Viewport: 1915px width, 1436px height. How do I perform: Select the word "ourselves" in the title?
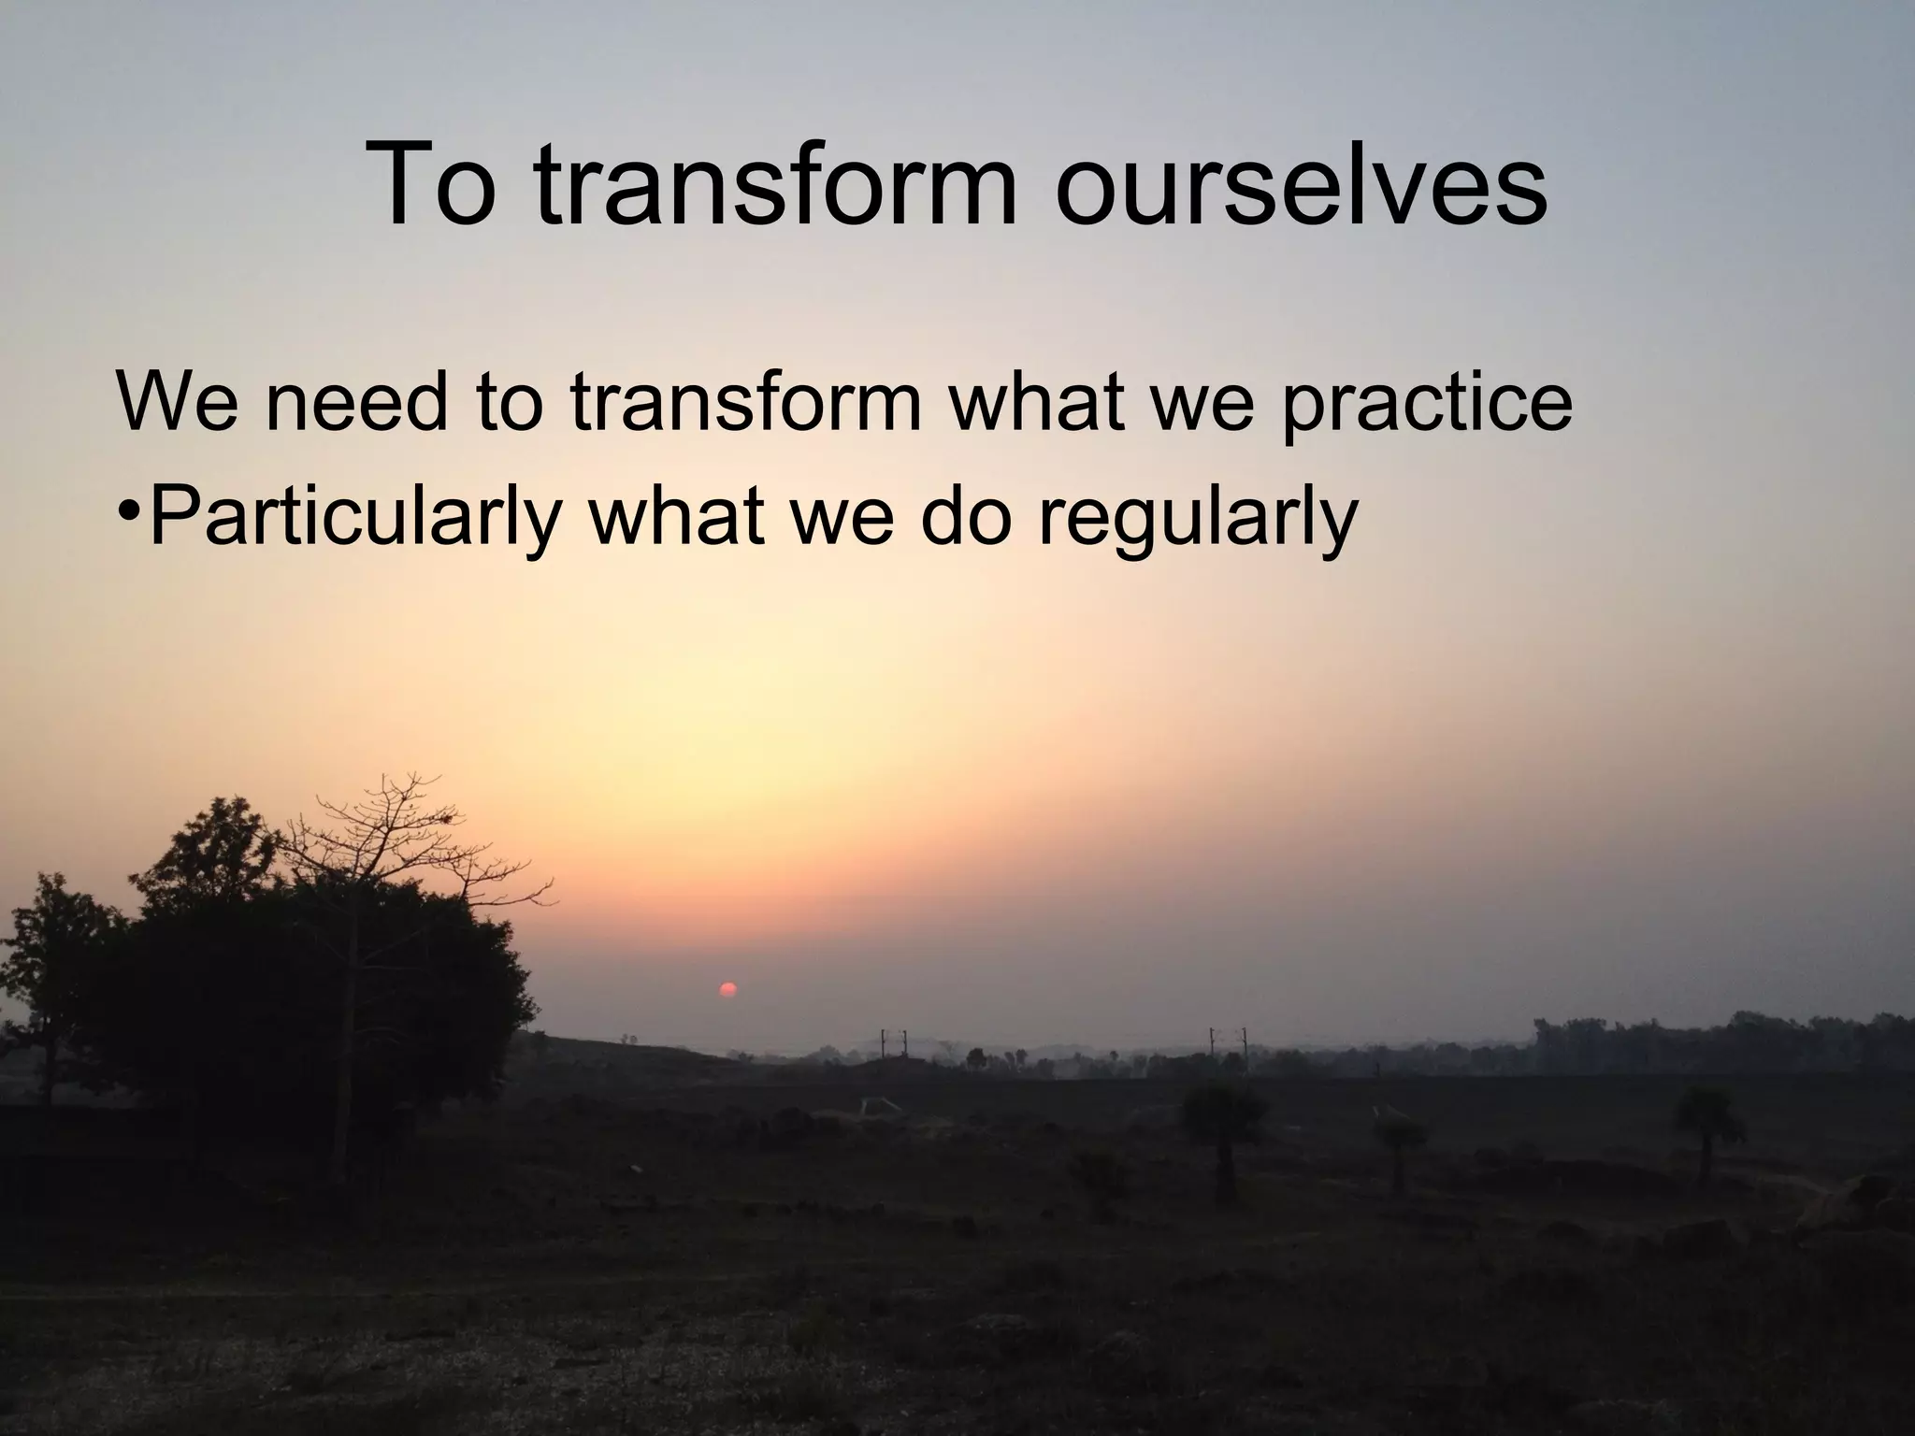coord(1301,185)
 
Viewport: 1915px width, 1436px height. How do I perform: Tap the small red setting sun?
coord(727,990)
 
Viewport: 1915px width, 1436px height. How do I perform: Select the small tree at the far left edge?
coord(47,954)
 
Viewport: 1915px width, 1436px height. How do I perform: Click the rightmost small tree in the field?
coord(1708,1122)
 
